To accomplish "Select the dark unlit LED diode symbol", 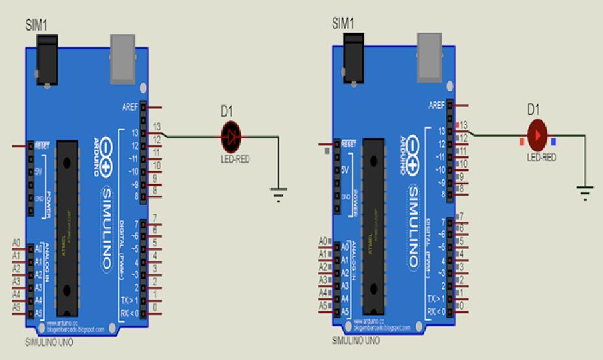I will (231, 135).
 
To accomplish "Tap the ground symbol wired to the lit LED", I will (585, 191).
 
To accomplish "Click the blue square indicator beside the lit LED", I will (554, 141).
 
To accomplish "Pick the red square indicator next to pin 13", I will (458, 125).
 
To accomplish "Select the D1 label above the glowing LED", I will (534, 109).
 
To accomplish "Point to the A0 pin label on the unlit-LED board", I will (17, 243).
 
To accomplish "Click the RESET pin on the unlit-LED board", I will (41, 147).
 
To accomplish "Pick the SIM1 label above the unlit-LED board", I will (37, 25).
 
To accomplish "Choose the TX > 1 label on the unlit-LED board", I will (129, 300).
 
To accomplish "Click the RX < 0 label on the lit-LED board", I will (436, 312).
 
